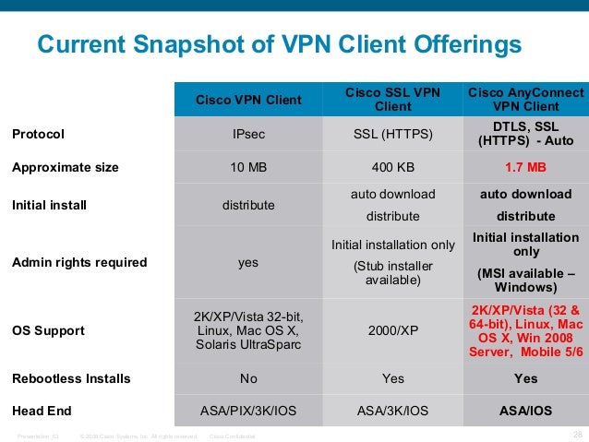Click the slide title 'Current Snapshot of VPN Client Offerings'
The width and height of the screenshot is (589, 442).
278,44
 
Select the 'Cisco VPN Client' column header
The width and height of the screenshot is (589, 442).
248,100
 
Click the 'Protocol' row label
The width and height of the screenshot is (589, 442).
38,135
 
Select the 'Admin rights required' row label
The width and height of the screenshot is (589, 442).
78,262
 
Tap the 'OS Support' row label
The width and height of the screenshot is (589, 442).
47,330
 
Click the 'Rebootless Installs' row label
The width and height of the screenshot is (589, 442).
70,378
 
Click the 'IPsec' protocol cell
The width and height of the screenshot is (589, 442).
248,135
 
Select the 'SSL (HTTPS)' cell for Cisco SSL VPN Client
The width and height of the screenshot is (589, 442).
393,135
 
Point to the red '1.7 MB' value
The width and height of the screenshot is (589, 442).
525,168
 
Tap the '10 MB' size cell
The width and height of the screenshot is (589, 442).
248,168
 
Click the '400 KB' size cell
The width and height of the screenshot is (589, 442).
393,168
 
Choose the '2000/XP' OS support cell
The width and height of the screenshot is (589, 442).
393,330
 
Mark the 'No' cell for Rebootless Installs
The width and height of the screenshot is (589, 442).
248,378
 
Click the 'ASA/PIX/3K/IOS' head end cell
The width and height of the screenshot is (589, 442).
248,412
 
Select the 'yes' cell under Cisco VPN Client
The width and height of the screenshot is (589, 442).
248,262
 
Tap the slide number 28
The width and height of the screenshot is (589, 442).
579,434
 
